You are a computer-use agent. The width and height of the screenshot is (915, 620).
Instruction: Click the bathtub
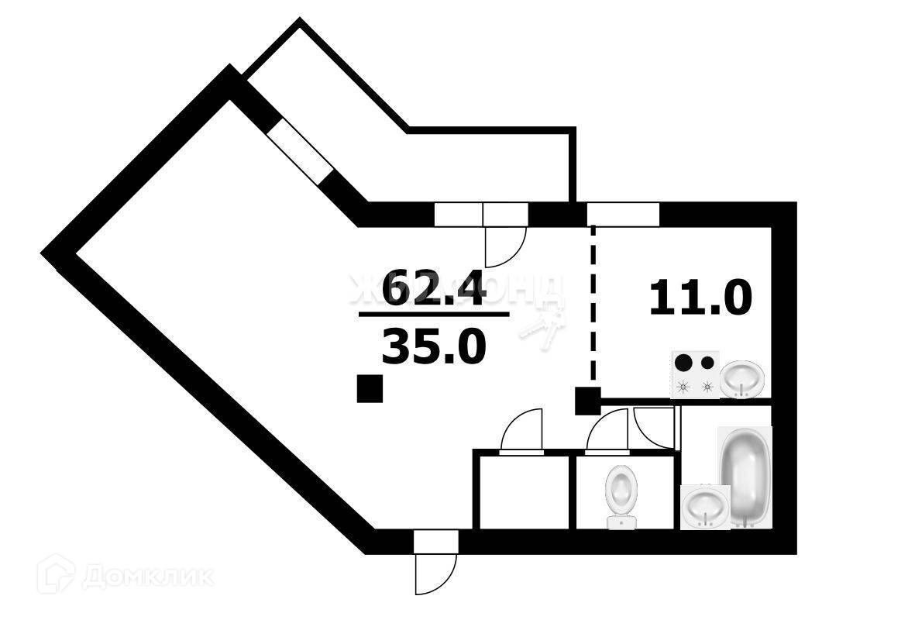click(745, 477)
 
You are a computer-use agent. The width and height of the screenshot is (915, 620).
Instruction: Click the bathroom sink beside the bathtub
click(705, 505)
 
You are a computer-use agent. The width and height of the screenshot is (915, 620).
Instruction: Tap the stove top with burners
click(695, 374)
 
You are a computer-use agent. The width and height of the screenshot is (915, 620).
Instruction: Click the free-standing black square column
click(370, 388)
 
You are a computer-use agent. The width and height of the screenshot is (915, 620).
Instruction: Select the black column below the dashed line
click(586, 401)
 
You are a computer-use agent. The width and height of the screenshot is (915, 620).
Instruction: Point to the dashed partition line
click(593, 310)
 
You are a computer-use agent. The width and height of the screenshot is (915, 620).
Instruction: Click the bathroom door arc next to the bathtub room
click(652, 427)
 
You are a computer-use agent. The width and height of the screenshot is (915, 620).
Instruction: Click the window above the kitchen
click(623, 213)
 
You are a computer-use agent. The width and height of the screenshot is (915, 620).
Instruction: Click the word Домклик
click(148, 577)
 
